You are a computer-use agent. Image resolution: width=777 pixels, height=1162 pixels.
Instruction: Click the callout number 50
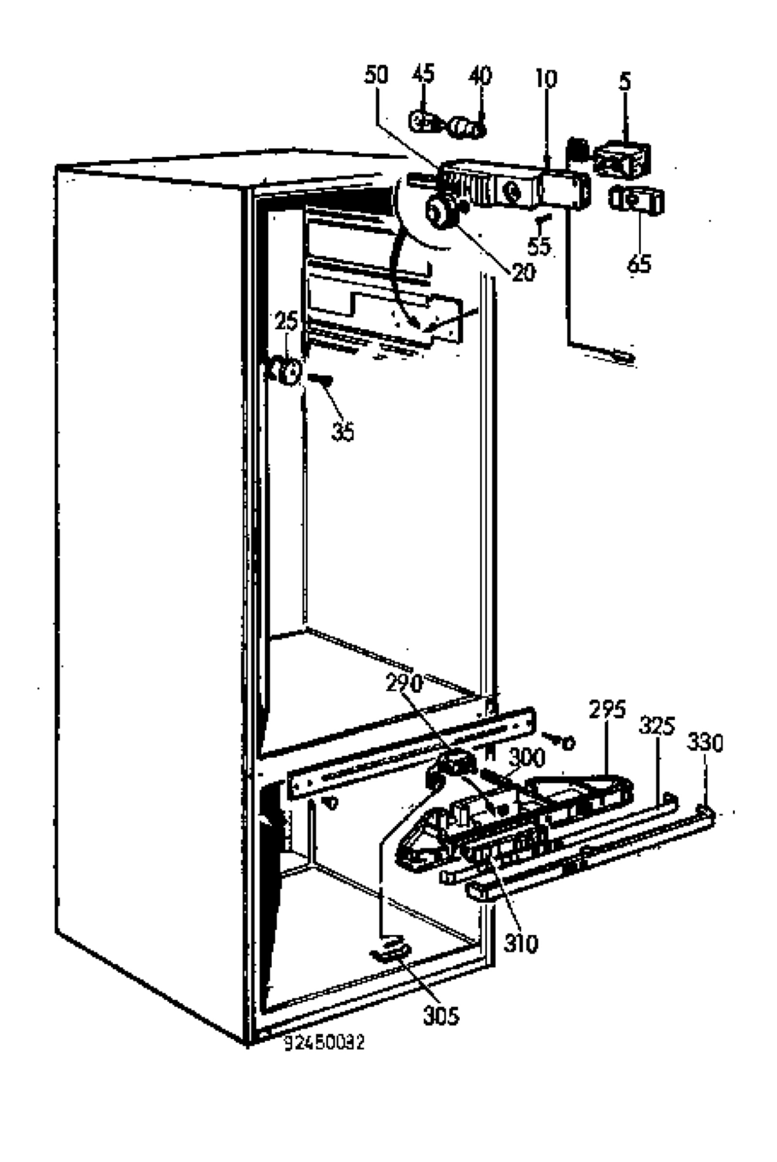click(x=376, y=75)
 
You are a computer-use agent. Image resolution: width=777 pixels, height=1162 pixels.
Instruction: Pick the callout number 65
click(x=639, y=263)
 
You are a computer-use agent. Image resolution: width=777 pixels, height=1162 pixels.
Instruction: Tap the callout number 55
click(x=539, y=246)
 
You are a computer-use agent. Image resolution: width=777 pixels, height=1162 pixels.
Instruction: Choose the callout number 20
click(x=523, y=272)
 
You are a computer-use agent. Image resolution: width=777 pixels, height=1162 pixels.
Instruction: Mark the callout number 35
click(x=343, y=431)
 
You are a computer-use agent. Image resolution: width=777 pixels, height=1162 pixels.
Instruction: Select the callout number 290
click(x=405, y=684)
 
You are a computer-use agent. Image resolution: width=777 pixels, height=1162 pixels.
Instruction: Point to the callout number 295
click(x=607, y=710)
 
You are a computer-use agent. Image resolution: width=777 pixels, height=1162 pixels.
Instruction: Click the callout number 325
click(x=657, y=726)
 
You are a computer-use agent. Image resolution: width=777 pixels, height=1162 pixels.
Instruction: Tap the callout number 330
click(x=705, y=743)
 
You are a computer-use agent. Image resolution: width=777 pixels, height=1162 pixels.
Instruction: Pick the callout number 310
click(x=521, y=944)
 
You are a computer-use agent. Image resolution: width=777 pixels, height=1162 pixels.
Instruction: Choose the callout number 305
click(x=441, y=1017)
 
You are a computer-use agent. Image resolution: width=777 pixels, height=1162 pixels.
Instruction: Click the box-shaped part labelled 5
click(x=622, y=160)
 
